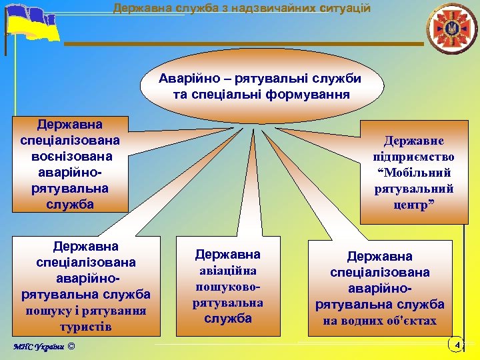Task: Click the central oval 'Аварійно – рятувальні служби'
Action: (x=260, y=85)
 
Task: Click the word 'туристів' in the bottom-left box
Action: (x=85, y=327)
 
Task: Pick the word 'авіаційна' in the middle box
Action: (x=227, y=271)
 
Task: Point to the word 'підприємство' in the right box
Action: (x=414, y=157)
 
